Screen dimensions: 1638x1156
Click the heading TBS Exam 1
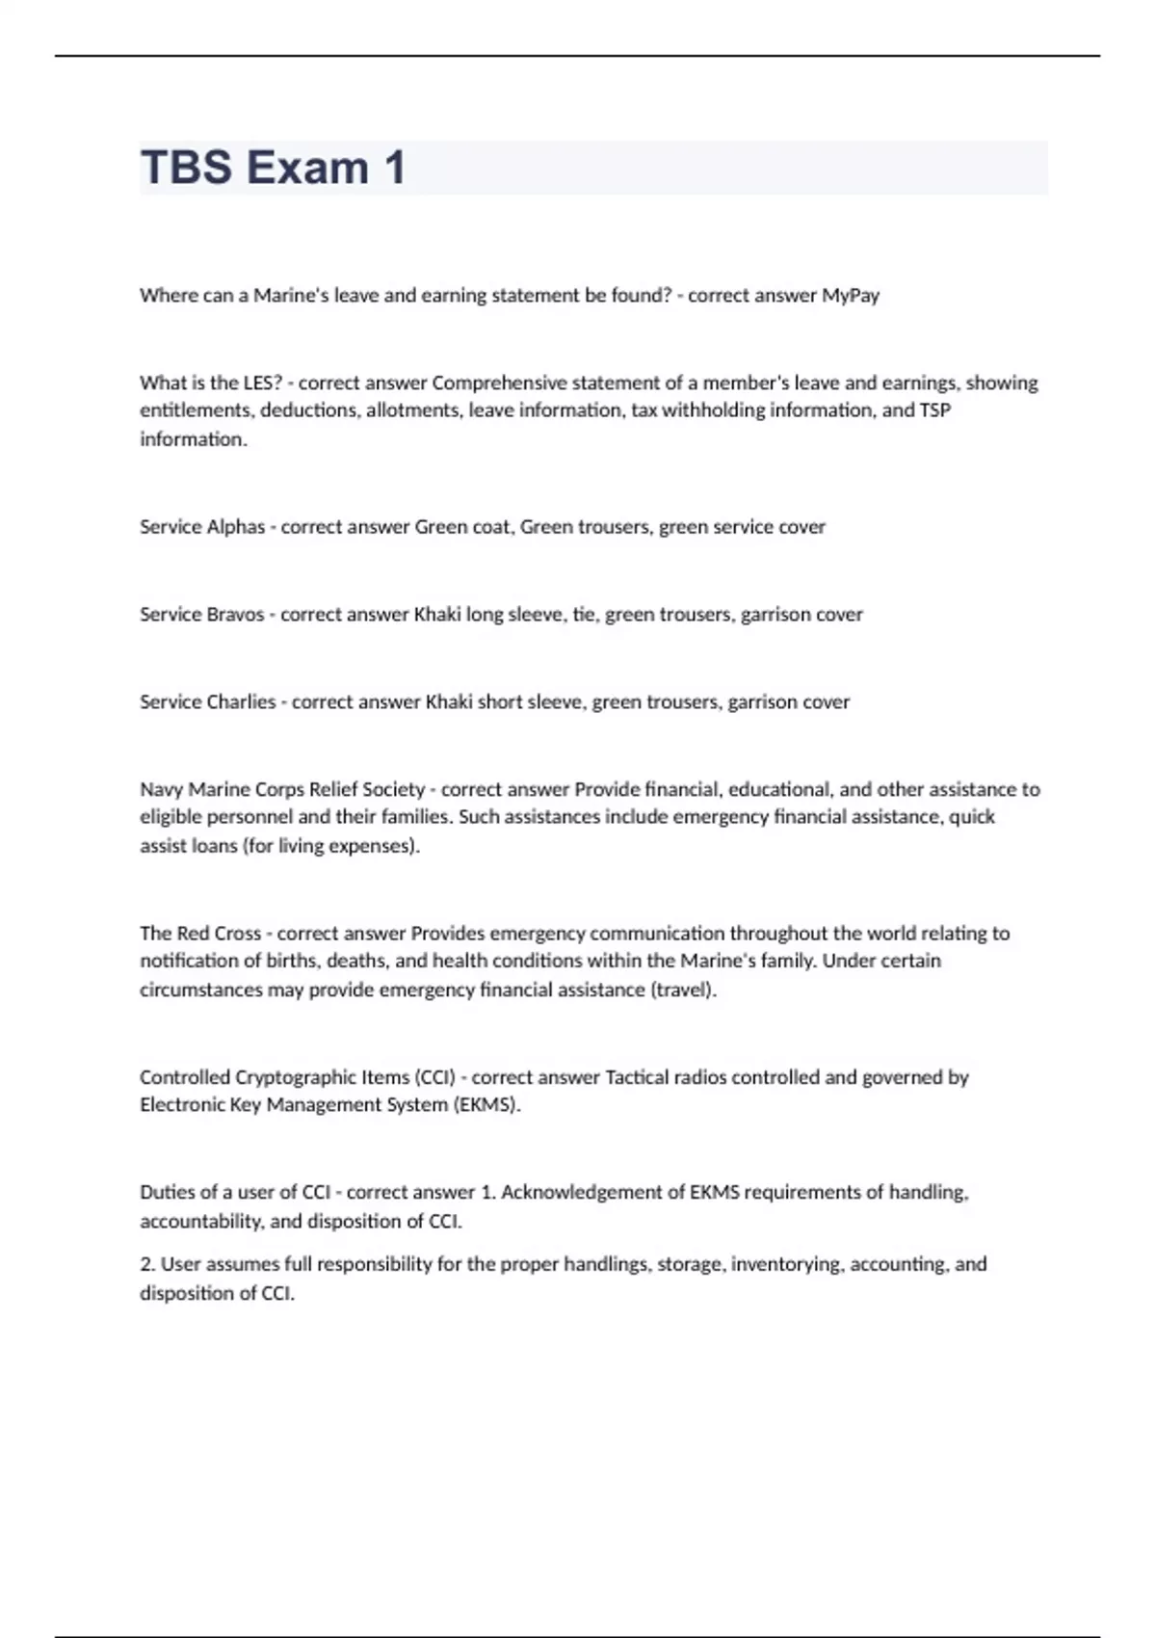pyautogui.click(x=273, y=168)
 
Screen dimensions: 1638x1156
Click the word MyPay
pyautogui.click(x=851, y=296)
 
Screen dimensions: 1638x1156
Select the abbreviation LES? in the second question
pyautogui.click(x=263, y=383)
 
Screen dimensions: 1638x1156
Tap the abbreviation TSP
pyautogui.click(x=934, y=410)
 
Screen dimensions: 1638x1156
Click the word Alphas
pyautogui.click(x=235, y=527)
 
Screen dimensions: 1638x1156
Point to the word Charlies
pyautogui.click(x=241, y=702)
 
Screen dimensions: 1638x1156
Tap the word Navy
pyautogui.click(x=161, y=790)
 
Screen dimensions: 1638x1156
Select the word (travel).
pyautogui.click(x=684, y=990)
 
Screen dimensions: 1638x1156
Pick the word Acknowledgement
pyautogui.click(x=591, y=1193)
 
